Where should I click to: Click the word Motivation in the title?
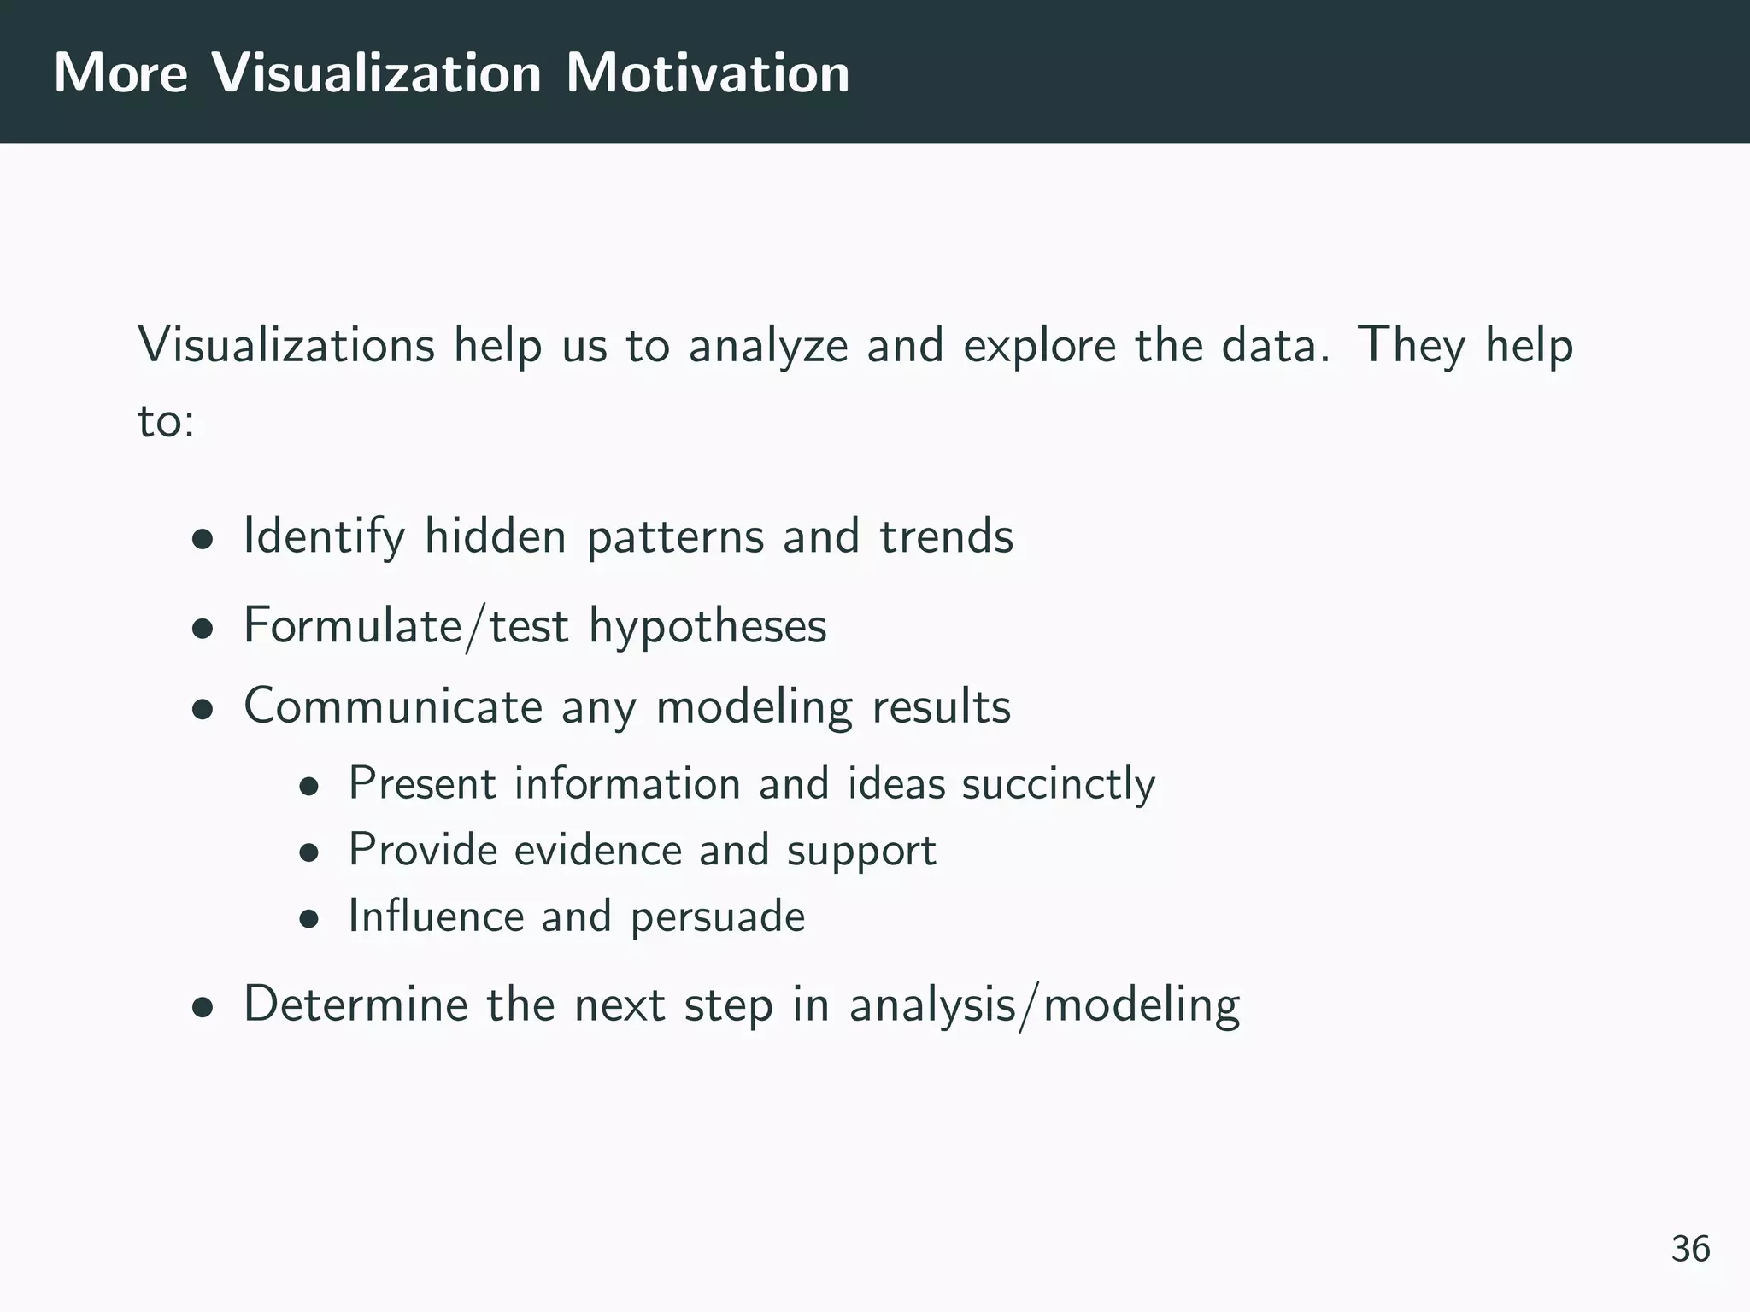pyautogui.click(x=708, y=73)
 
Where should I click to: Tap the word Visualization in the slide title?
pyautogui.click(x=376, y=73)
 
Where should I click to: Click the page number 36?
pyautogui.click(x=1690, y=1249)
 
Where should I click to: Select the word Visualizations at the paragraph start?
pyautogui.click(x=286, y=346)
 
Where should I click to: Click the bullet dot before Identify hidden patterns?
pyautogui.click(x=202, y=540)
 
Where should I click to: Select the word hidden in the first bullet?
pyautogui.click(x=496, y=536)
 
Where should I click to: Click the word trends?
pyautogui.click(x=946, y=536)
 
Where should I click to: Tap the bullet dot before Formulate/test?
pyautogui.click(x=202, y=630)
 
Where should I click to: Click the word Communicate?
pyautogui.click(x=393, y=707)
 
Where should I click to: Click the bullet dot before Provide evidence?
pyautogui.click(x=308, y=853)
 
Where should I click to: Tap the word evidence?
pyautogui.click(x=597, y=850)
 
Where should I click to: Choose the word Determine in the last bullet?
pyautogui.click(x=355, y=1004)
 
